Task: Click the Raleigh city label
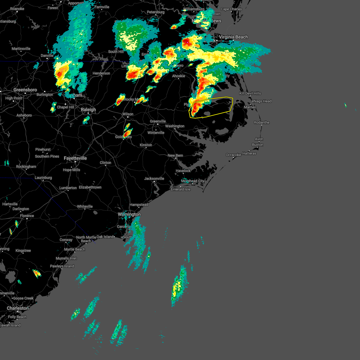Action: click(88, 110)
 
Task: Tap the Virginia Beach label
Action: click(233, 37)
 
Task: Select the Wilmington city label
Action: click(129, 214)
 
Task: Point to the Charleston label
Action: click(18, 308)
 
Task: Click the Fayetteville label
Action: click(75, 158)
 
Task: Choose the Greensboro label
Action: click(25, 90)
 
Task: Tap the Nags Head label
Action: click(262, 101)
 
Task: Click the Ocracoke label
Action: click(233, 155)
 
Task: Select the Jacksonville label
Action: click(154, 179)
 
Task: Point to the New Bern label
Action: click(175, 156)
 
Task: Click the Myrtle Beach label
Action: click(75, 250)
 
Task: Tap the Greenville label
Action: click(158, 121)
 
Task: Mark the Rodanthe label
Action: click(262, 123)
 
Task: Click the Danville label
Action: click(47, 56)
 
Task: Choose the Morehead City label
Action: click(193, 181)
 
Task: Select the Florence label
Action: click(27, 216)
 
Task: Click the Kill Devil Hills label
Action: click(250, 94)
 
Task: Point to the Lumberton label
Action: click(68, 188)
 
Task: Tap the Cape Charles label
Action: click(231, 9)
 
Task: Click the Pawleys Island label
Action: click(62, 266)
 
